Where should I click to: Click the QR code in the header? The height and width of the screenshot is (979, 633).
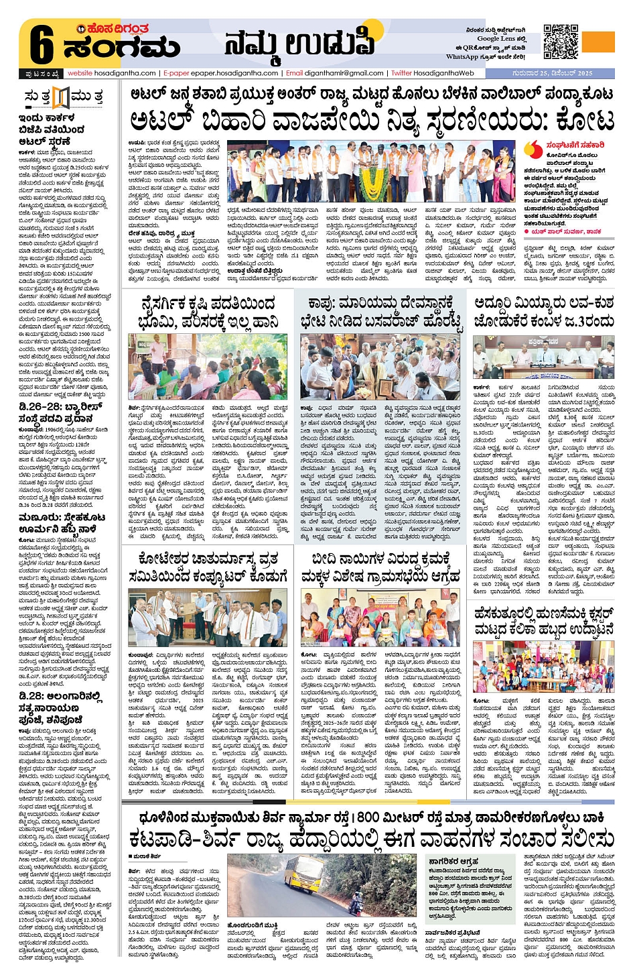coord(560,42)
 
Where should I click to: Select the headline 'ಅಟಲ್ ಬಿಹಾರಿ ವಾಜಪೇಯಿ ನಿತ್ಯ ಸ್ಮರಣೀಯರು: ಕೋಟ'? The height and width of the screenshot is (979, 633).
coord(372,121)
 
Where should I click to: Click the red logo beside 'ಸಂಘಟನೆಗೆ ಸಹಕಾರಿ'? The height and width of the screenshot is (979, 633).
coord(533,149)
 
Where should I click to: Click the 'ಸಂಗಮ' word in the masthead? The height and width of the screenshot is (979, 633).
coord(121,48)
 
